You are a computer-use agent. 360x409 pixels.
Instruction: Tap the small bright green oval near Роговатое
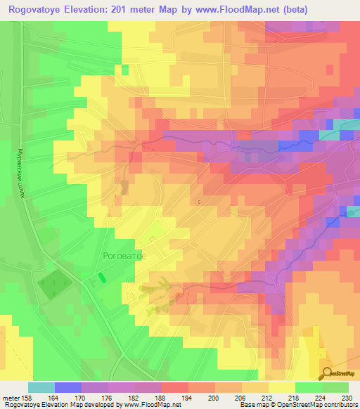click(x=103, y=277)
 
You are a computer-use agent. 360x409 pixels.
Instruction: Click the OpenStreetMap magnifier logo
click(x=328, y=373)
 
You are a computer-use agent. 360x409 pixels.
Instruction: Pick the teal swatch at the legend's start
click(x=41, y=387)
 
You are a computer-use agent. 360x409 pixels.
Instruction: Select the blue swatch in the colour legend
click(x=67, y=387)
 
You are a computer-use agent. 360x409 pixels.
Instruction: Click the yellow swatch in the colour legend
click(x=283, y=387)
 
